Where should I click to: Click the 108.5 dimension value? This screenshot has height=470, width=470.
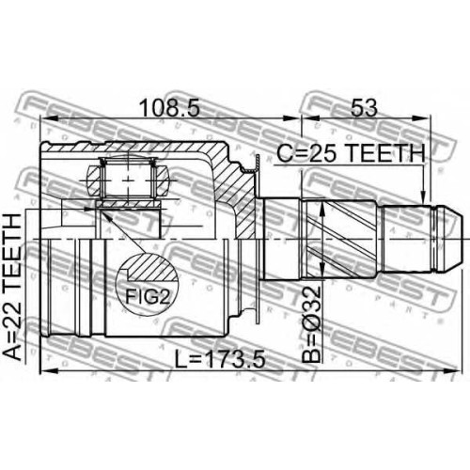click(169, 108)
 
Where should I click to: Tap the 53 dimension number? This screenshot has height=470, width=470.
click(364, 108)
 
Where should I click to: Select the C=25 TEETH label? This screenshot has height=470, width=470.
click(352, 153)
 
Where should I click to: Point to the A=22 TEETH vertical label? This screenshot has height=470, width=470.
click(12, 288)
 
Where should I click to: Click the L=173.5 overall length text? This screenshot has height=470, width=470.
click(220, 359)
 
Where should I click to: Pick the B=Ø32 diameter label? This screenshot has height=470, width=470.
click(311, 324)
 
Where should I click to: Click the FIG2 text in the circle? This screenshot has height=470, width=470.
click(148, 296)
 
